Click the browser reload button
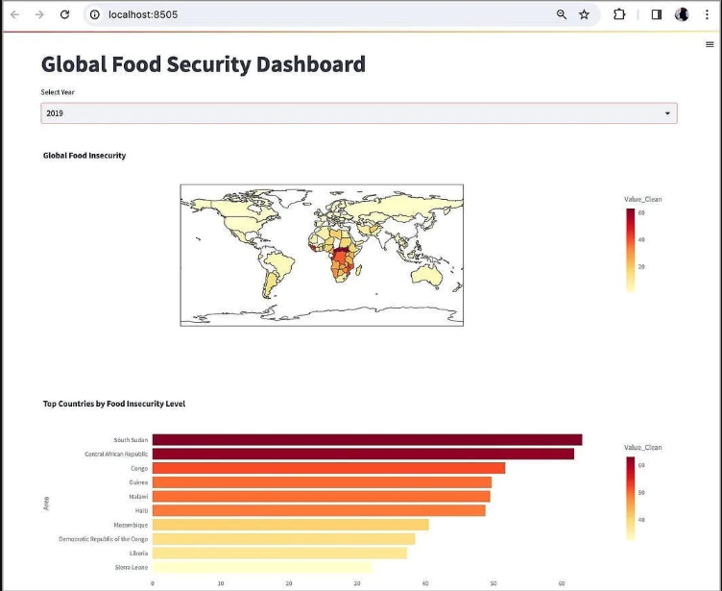[x=64, y=14]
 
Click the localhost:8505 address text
[x=142, y=14]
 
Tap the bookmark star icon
[x=584, y=14]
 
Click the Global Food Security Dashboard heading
[x=203, y=64]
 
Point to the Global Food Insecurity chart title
[x=84, y=155]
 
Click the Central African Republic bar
[x=363, y=454]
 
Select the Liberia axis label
[x=138, y=554]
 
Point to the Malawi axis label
[x=136, y=496]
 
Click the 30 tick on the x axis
[x=357, y=583]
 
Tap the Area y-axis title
[x=46, y=503]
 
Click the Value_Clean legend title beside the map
[x=642, y=199]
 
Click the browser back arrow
[x=14, y=14]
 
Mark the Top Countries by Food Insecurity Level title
[x=114, y=404]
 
